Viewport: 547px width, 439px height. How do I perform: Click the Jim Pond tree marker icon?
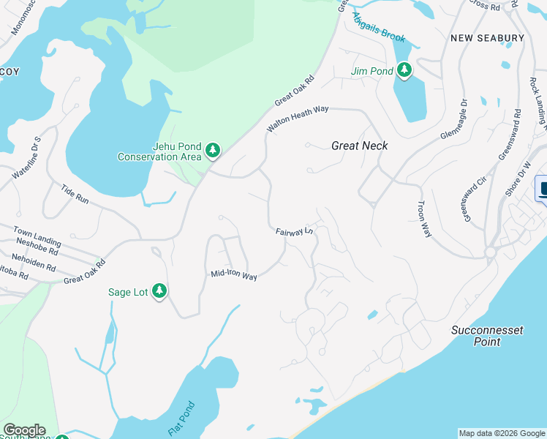click(404, 71)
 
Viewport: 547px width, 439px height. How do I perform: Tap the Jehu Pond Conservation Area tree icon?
click(213, 151)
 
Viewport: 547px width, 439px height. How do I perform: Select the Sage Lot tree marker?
click(159, 291)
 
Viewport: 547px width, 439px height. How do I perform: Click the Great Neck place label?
click(359, 146)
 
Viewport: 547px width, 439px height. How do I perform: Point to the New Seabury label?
click(487, 37)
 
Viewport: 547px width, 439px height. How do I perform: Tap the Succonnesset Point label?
click(486, 336)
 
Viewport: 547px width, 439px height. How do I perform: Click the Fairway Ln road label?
click(294, 232)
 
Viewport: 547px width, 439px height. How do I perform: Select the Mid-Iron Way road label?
click(234, 276)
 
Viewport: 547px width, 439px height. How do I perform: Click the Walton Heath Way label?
click(298, 118)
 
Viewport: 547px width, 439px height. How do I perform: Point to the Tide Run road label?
click(75, 193)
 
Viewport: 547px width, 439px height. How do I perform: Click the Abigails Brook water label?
click(378, 27)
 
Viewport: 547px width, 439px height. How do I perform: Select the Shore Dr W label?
click(524, 175)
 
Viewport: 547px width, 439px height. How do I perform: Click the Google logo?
click(24, 430)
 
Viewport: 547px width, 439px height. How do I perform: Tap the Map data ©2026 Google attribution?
click(502, 433)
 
